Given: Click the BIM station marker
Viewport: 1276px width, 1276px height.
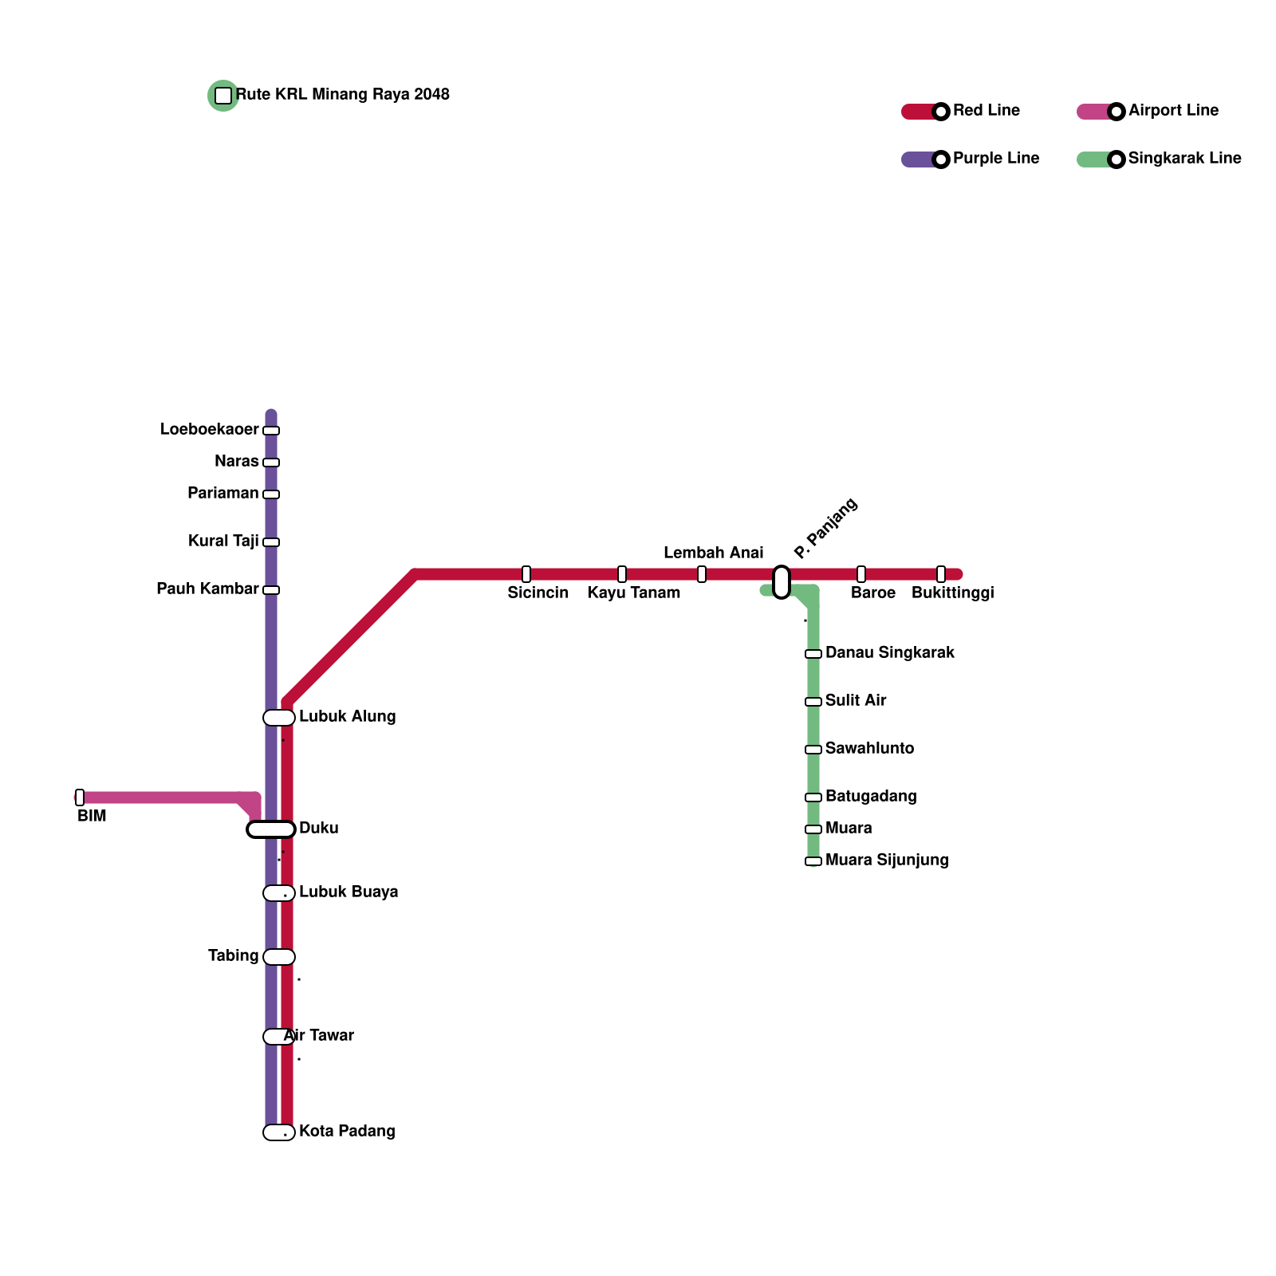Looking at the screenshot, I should [80, 797].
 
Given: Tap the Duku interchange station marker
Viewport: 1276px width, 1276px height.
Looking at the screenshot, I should [271, 829].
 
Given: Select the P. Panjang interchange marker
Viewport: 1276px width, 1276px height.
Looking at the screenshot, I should [782, 582].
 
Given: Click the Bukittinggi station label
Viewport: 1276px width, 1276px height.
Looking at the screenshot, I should [952, 593].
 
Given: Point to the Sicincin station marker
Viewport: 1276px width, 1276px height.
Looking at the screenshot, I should [526, 574].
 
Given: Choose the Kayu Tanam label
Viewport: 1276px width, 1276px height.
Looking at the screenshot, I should [634, 593].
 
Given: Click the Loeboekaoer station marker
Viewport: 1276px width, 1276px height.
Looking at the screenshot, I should [271, 431].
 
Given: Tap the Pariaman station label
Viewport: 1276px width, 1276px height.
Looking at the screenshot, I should [223, 494].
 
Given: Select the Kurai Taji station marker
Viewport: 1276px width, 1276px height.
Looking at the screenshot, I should [271, 542].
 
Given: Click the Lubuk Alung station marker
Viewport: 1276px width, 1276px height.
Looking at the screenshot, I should [279, 718].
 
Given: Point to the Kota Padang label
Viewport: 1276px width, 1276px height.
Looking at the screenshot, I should [347, 1132].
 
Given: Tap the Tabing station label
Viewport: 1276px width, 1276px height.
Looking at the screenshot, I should [233, 956].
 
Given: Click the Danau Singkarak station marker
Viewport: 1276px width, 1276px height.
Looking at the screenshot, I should [813, 654].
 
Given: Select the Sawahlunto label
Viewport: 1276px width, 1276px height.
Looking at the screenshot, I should [869, 749].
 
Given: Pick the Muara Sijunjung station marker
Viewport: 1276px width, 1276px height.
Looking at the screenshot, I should [813, 861].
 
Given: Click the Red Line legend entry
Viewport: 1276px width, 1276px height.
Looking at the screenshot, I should [987, 111].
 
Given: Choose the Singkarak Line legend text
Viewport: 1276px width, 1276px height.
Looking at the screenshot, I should [1184, 159].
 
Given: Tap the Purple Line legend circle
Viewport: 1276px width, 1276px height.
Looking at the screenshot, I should [941, 159].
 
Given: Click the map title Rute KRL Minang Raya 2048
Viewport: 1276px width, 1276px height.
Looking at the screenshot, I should [343, 95].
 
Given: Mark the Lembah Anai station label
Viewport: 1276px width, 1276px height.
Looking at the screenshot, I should [713, 553].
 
